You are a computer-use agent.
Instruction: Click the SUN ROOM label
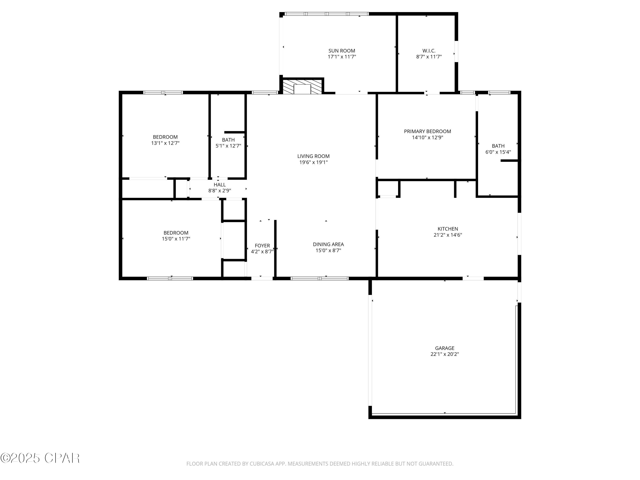pyautogui.click(x=342, y=51)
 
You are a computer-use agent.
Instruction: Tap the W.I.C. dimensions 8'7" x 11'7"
pyautogui.click(x=429, y=57)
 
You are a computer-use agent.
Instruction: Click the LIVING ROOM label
pyautogui.click(x=313, y=156)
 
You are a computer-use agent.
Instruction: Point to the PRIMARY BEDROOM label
pyautogui.click(x=427, y=131)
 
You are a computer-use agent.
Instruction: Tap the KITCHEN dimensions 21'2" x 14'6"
pyautogui.click(x=448, y=235)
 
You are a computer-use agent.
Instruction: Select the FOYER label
pyautogui.click(x=262, y=246)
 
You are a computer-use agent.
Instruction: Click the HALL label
pyautogui.click(x=220, y=185)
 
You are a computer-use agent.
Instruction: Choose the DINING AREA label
pyautogui.click(x=328, y=244)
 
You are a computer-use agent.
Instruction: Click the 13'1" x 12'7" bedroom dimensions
pyautogui.click(x=165, y=143)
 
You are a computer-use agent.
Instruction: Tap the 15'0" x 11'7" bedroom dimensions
pyautogui.click(x=176, y=239)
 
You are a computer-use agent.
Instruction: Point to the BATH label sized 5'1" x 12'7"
pyautogui.click(x=228, y=140)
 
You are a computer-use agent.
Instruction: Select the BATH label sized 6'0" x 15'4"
pyautogui.click(x=498, y=146)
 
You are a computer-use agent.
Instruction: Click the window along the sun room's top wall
pyautogui.click(x=326, y=14)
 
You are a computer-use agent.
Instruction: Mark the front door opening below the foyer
pyautogui.click(x=262, y=278)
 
